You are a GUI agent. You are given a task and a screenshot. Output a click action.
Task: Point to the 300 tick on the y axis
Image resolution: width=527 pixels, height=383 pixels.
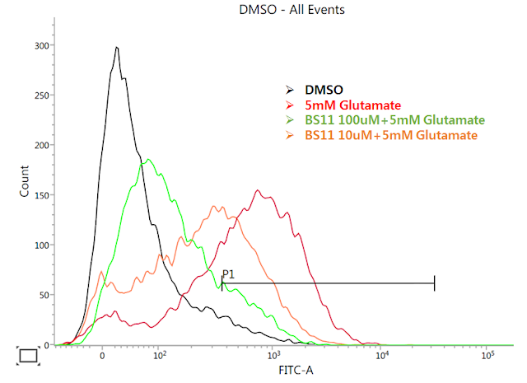[39, 46]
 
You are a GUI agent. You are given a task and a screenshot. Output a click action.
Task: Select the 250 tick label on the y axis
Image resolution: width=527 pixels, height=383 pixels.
[39, 96]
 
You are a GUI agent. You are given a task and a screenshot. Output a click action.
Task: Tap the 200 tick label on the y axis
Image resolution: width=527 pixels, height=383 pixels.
[39, 146]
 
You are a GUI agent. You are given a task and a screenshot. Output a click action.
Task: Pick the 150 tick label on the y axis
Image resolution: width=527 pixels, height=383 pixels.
[39, 195]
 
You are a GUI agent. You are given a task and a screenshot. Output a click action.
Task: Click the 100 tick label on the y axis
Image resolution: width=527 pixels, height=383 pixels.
[39, 245]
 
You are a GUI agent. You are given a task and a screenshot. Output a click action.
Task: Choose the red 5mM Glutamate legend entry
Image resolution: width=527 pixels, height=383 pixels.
[352, 105]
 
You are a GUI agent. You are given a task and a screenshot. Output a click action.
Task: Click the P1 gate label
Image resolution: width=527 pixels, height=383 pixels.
[228, 274]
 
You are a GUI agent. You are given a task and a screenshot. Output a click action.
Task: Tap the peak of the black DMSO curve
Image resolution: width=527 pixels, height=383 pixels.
[117, 48]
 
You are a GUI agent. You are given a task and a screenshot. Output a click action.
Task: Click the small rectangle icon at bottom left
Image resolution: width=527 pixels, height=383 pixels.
[28, 355]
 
